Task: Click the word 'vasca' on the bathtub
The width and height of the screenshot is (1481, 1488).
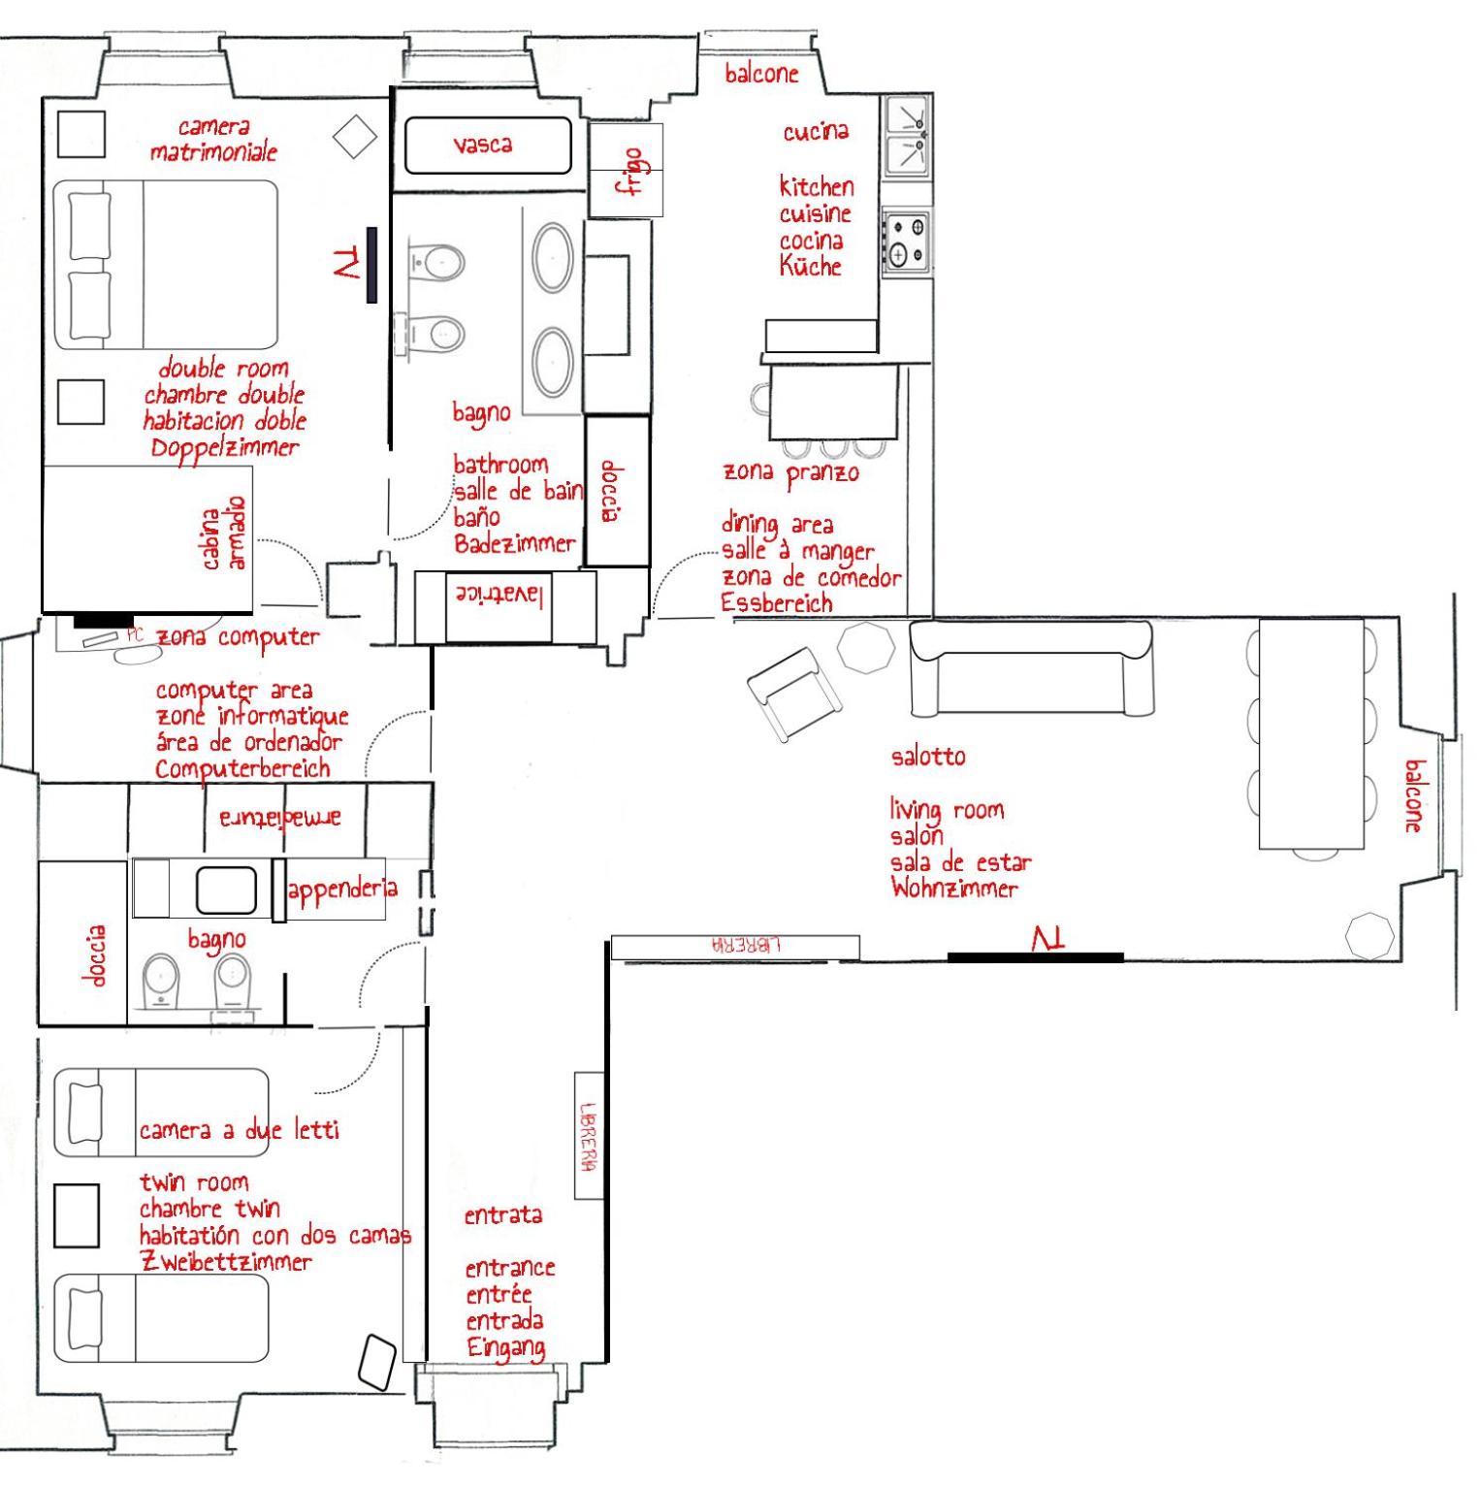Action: coord(482,145)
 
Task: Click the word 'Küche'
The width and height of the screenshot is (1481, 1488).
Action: coord(810,265)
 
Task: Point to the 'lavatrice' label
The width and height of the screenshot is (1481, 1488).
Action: coord(499,595)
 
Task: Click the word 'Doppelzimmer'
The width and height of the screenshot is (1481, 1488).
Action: coord(225,448)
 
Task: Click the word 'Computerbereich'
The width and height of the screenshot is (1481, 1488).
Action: coord(242,769)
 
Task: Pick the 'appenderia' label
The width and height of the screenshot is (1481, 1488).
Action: coord(342,889)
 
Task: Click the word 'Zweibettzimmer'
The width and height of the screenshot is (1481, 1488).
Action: coord(226,1261)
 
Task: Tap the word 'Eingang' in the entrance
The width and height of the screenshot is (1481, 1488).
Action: coord(505,1347)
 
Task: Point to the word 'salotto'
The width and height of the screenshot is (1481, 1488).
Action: coord(928,756)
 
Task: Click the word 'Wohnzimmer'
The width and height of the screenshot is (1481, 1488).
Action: coord(954,888)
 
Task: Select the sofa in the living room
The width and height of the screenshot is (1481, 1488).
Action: coord(1032,667)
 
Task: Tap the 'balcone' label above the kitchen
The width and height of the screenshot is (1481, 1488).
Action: coord(761,74)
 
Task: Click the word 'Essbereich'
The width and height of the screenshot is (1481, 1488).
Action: coord(777,602)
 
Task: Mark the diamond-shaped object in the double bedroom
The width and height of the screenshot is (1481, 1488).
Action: coord(355,137)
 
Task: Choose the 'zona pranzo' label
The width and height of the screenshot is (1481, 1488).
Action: coord(790,473)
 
